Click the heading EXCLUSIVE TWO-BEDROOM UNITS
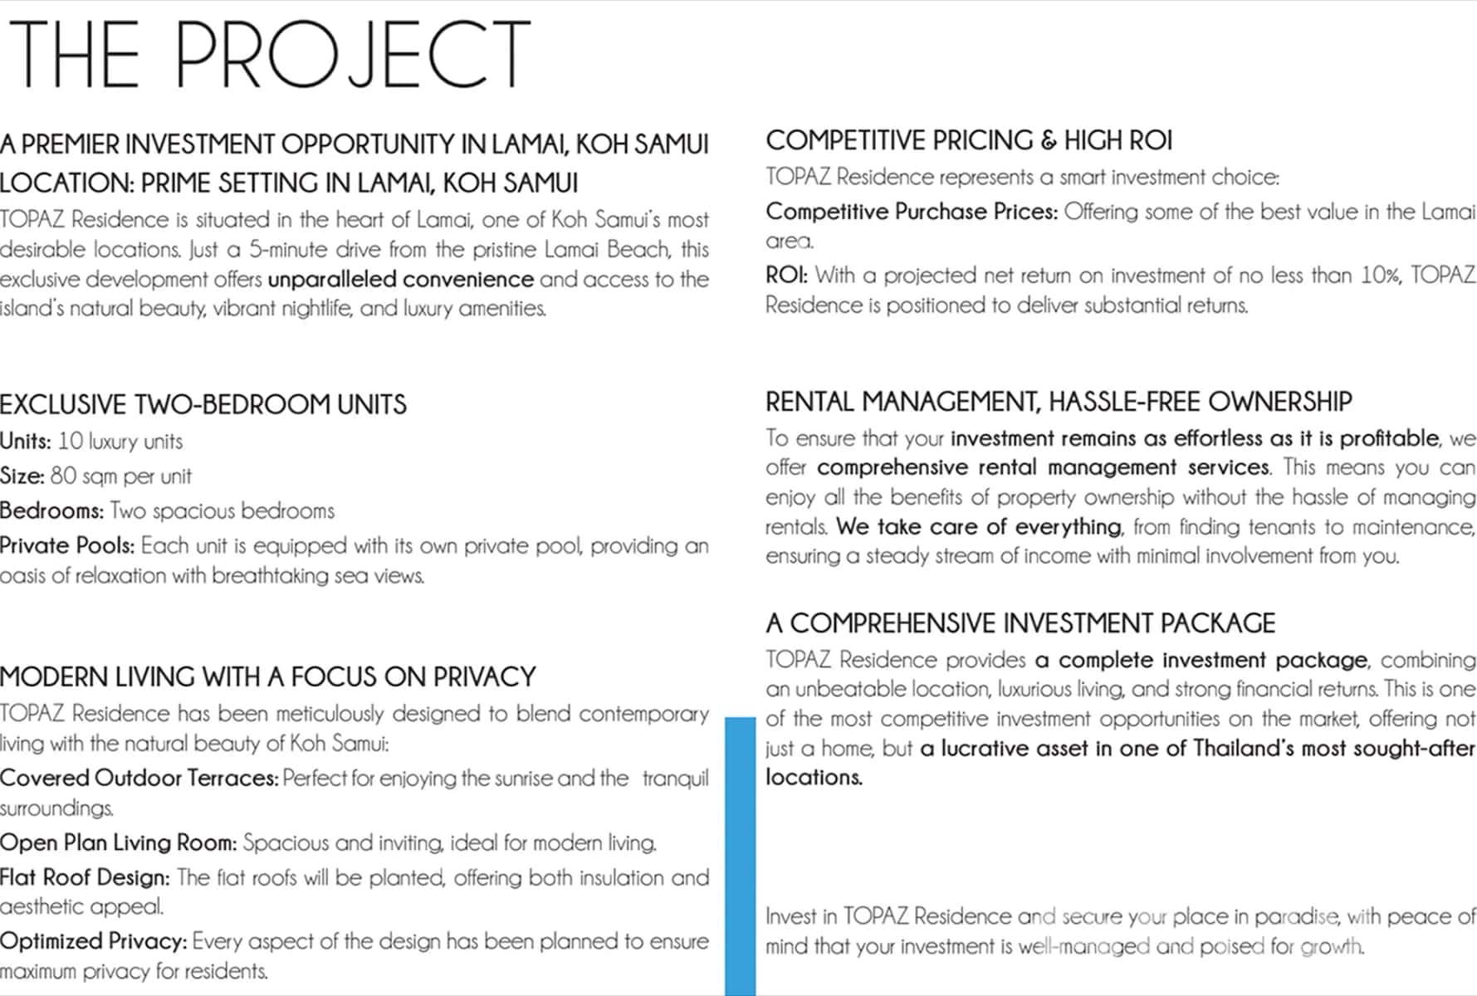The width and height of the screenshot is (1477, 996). (203, 405)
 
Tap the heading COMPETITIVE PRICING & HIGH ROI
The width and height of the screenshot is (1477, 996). (969, 141)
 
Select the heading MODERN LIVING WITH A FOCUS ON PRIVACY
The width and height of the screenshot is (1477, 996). (268, 677)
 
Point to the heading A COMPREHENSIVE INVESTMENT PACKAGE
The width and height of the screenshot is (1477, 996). (1020, 623)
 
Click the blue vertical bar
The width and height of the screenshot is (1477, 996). (740, 855)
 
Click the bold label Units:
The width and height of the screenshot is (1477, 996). (26, 442)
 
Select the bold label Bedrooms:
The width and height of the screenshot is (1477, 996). (52, 511)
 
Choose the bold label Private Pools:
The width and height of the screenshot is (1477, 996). (67, 546)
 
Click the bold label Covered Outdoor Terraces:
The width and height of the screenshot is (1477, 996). (139, 779)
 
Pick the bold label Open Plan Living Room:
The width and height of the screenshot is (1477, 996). (119, 843)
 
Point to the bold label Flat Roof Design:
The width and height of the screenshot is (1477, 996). (85, 878)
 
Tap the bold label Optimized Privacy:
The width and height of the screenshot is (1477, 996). (94, 942)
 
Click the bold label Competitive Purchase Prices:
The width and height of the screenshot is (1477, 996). (912, 212)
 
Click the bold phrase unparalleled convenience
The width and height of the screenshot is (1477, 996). (401, 280)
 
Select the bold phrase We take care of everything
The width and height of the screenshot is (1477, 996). (979, 527)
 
